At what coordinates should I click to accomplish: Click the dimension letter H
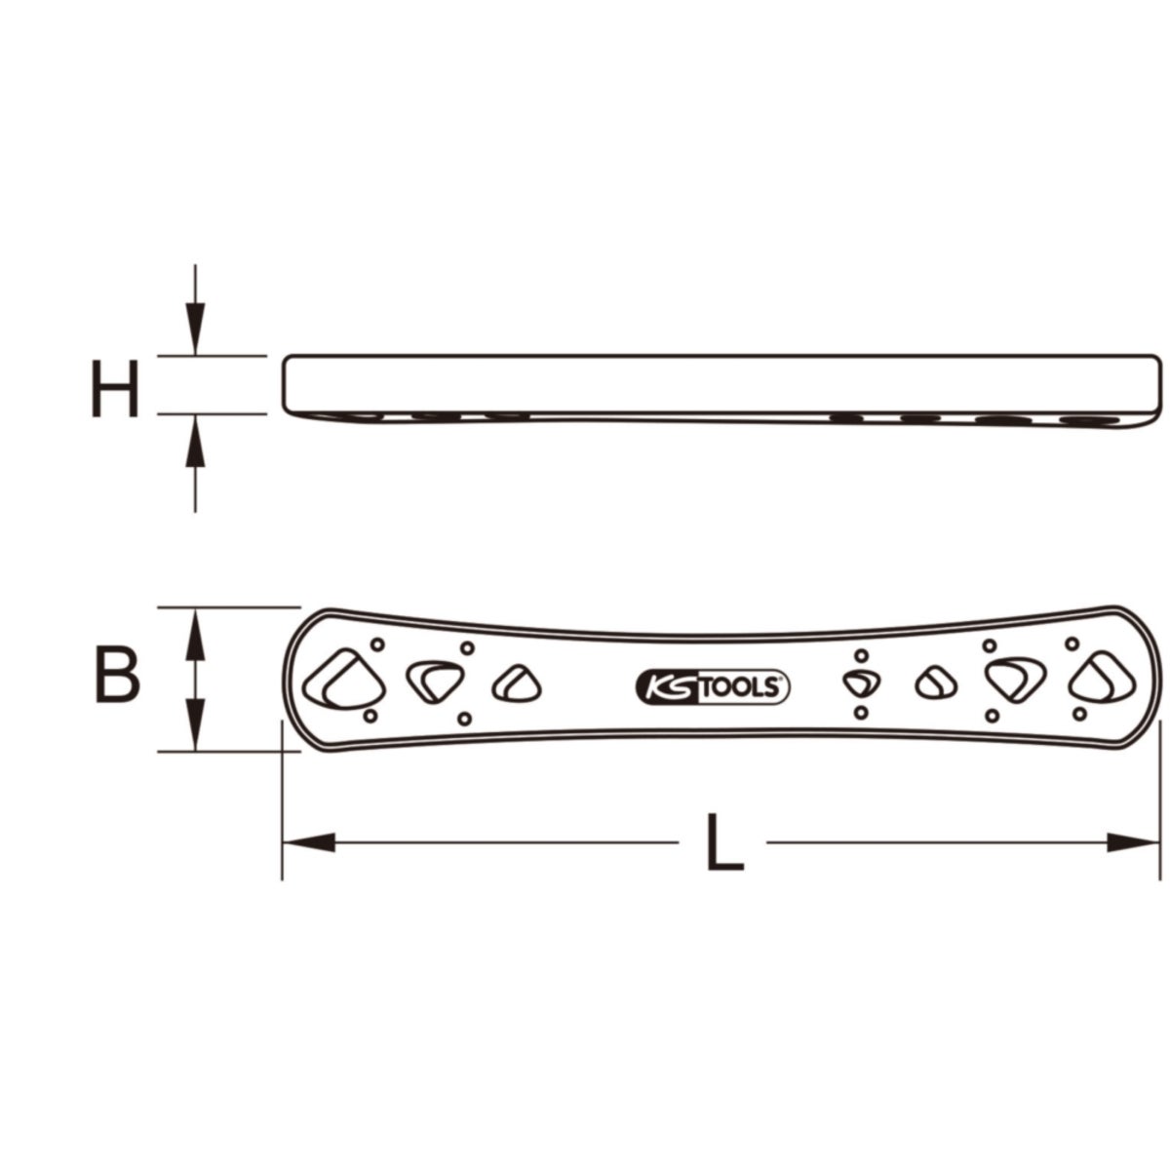115,389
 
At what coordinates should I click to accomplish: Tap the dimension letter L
724,842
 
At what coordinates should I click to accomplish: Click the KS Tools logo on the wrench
712,687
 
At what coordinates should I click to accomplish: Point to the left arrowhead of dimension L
308,842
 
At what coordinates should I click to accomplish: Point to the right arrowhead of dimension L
1133,842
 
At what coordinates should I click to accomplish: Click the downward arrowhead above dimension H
195,329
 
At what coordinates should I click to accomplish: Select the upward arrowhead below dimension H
195,441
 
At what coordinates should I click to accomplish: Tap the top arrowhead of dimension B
195,634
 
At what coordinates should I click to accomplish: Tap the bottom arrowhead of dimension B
195,725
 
